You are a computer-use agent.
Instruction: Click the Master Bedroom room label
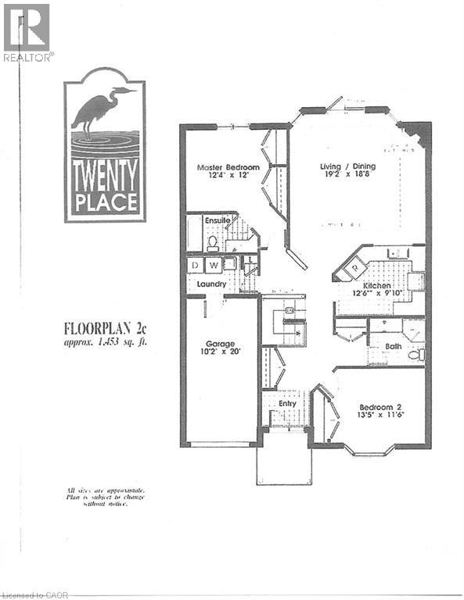tap(228, 166)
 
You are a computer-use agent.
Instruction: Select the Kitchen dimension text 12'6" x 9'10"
tap(376, 295)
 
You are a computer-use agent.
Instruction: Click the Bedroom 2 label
tap(381, 406)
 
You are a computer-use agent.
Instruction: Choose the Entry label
tap(287, 404)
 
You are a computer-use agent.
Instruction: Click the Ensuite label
tap(218, 221)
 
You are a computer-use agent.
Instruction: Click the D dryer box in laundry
tap(195, 266)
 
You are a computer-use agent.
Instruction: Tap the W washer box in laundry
tap(211, 266)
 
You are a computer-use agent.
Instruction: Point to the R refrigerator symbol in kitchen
tap(354, 266)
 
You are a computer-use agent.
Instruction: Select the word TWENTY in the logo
tap(105, 168)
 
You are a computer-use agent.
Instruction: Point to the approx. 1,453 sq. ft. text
tap(105, 342)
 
